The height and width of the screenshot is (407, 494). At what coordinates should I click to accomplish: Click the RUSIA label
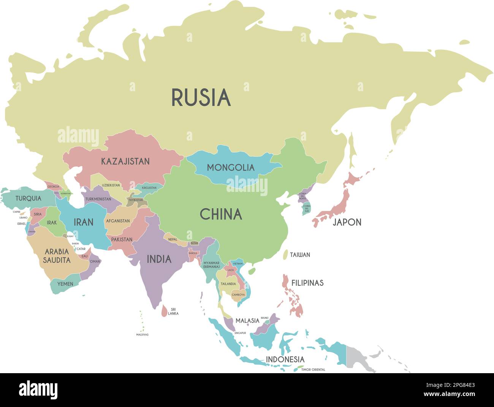pos(201,97)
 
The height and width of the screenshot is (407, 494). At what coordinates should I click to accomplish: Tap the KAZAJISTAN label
pos(125,161)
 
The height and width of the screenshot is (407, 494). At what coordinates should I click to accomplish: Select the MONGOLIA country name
pos(231,167)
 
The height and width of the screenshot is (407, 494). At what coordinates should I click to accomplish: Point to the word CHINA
pos(221,214)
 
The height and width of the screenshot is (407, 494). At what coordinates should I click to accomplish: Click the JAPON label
pos(347,222)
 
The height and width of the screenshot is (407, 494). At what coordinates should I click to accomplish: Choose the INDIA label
pos(159,259)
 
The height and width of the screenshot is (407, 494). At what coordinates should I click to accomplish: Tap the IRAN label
pos(83,222)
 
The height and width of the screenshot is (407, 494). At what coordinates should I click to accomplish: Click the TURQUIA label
pos(28,198)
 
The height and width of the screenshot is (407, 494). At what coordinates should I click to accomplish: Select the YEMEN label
pos(65,284)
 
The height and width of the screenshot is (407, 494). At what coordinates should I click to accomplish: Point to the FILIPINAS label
pos(307,283)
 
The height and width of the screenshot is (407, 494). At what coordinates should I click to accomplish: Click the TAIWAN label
pos(300,255)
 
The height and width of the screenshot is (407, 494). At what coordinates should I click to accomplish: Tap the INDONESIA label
pos(285,359)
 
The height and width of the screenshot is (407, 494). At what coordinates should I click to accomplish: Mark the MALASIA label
pos(247,321)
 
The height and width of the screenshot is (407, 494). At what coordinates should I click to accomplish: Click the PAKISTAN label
pos(122,239)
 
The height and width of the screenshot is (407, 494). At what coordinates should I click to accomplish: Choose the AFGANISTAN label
pos(118,221)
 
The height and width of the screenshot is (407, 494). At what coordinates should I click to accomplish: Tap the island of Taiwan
pos(286,254)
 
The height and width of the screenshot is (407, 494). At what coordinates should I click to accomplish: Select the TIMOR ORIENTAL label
pos(313,369)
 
